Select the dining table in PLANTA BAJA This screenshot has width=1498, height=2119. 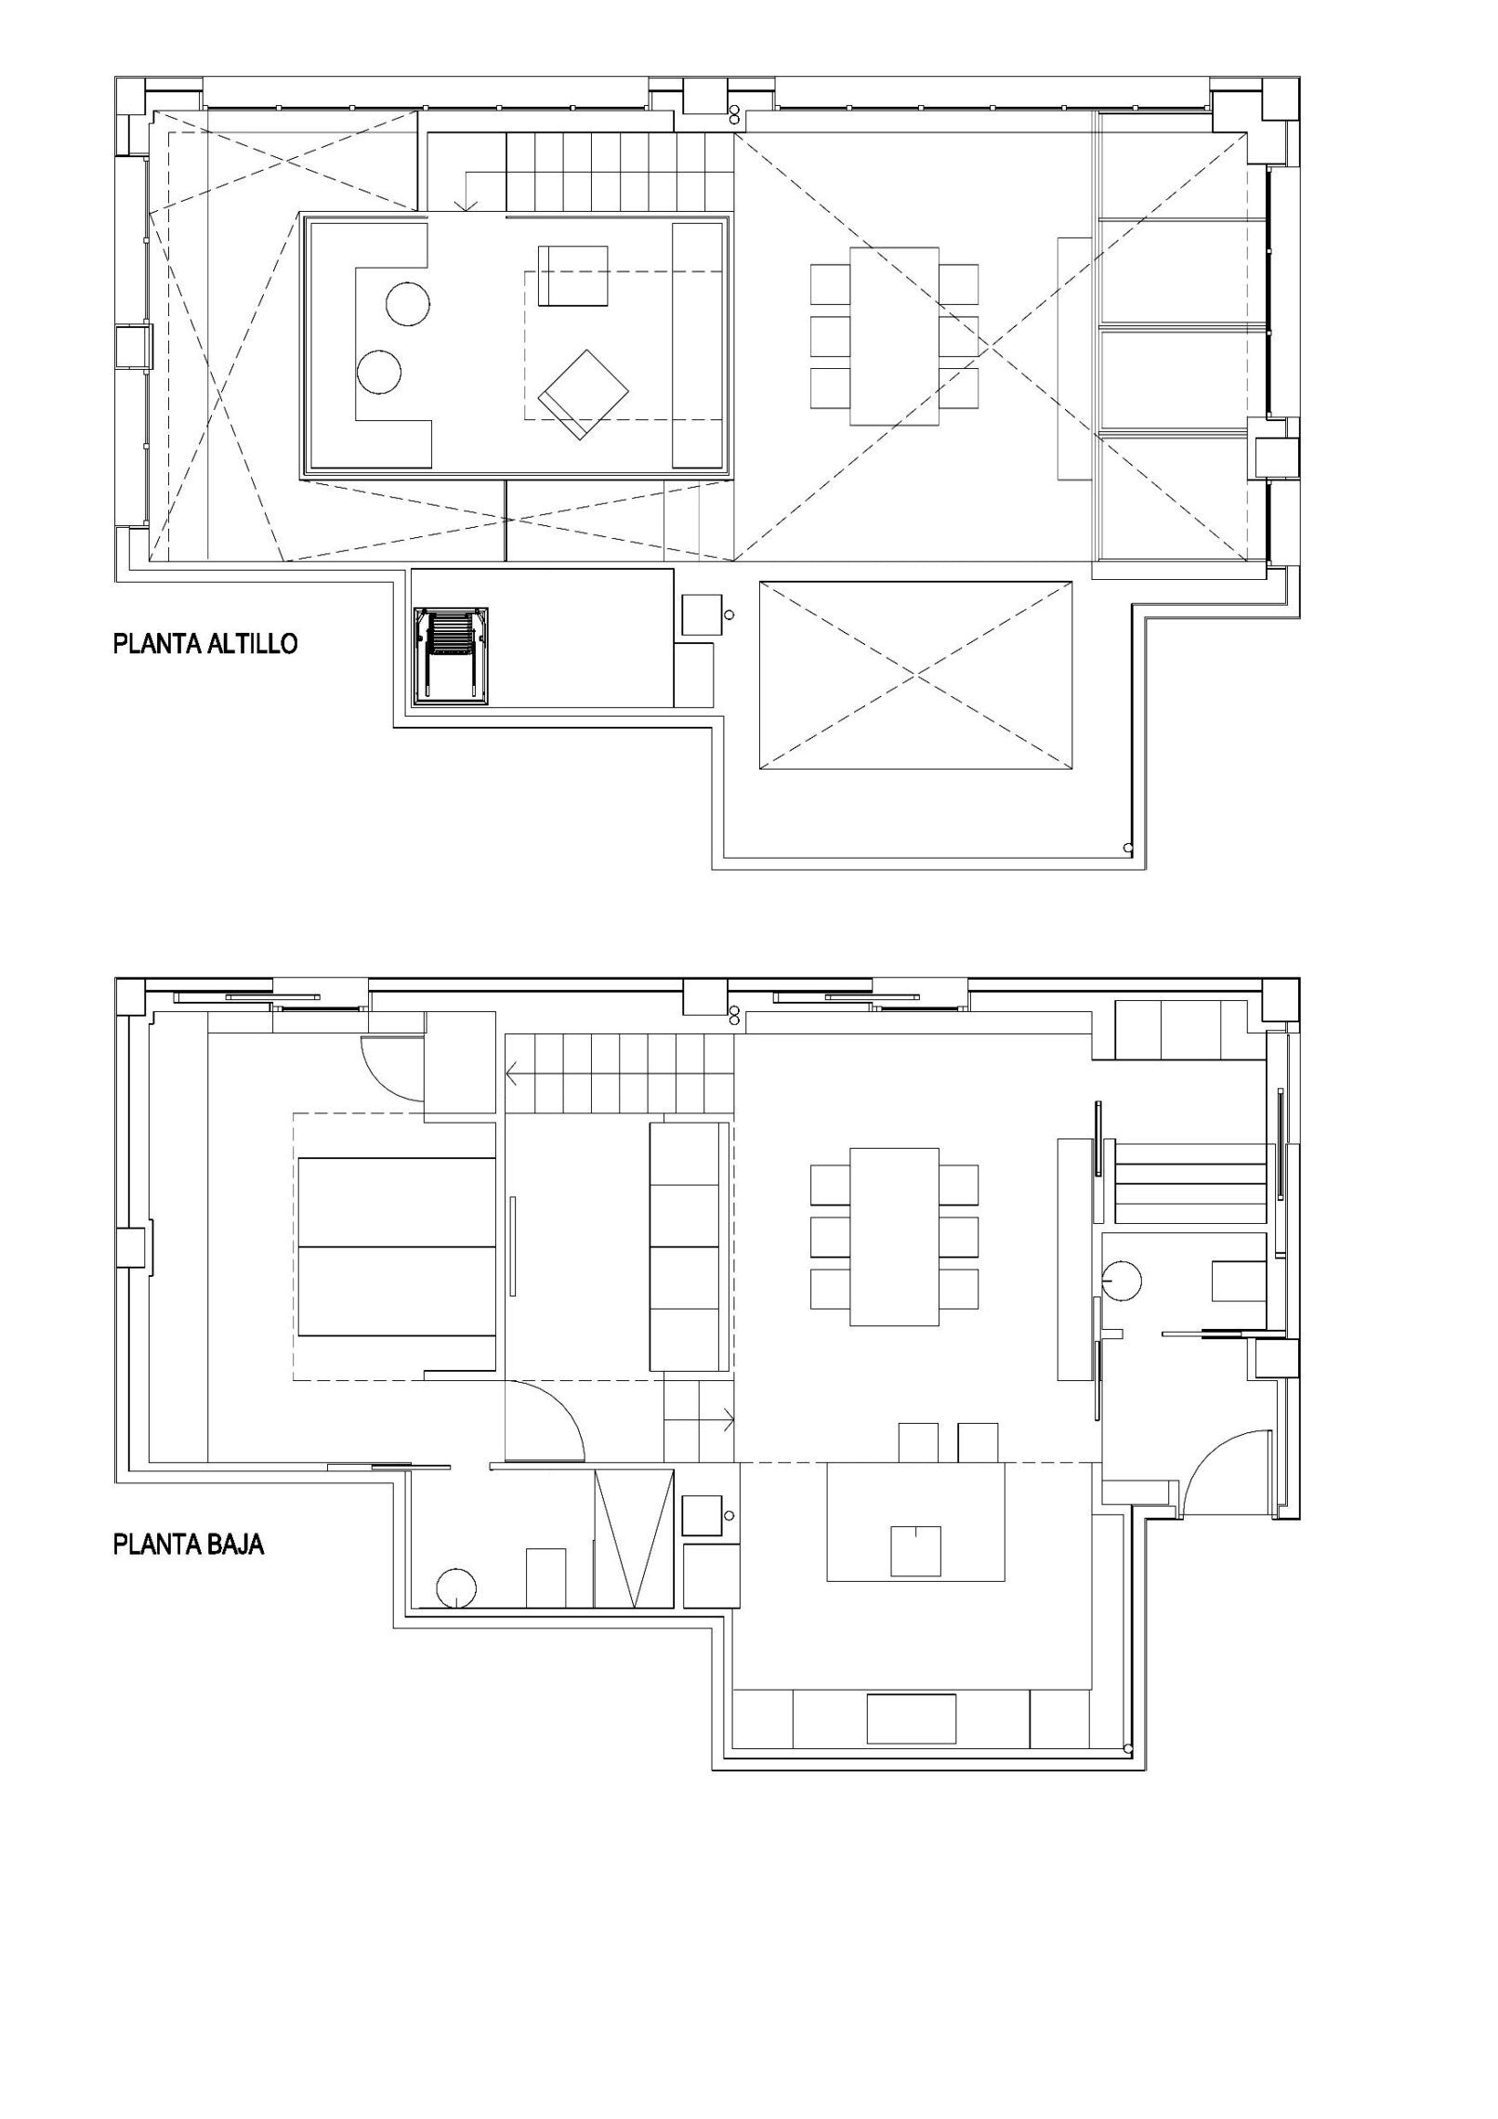coord(895,1236)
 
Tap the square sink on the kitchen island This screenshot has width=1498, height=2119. coord(915,1550)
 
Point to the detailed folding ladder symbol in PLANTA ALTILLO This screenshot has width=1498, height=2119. coord(452,656)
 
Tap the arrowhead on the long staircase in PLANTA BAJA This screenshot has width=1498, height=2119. coord(512,1076)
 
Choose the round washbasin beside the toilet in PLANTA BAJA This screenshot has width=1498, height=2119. coord(1123,1280)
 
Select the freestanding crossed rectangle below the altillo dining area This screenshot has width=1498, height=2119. coord(915,675)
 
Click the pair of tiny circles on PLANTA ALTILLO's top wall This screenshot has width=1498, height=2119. coord(735,113)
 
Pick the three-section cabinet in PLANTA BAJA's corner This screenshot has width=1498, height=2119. coord(1180,1030)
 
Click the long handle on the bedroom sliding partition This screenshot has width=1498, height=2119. coord(512,1244)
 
